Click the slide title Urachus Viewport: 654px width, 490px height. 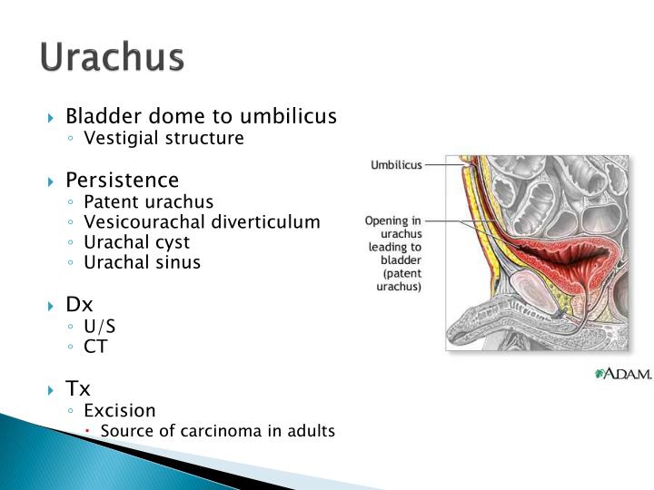(112, 57)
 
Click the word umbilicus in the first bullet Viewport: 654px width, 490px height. (288, 117)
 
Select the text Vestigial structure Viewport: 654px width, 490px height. (163, 139)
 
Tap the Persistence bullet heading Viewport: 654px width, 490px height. (122, 180)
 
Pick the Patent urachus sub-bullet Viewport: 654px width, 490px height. (148, 201)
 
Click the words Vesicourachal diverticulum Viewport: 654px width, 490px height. (202, 222)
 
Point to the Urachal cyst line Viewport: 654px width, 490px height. (136, 242)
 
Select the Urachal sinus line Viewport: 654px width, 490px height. (142, 262)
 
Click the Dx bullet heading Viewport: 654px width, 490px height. (79, 305)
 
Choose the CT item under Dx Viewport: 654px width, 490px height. (94, 347)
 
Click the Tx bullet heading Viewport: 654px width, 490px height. (78, 389)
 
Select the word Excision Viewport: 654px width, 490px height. (120, 411)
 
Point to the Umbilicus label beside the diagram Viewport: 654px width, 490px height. (395, 165)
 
